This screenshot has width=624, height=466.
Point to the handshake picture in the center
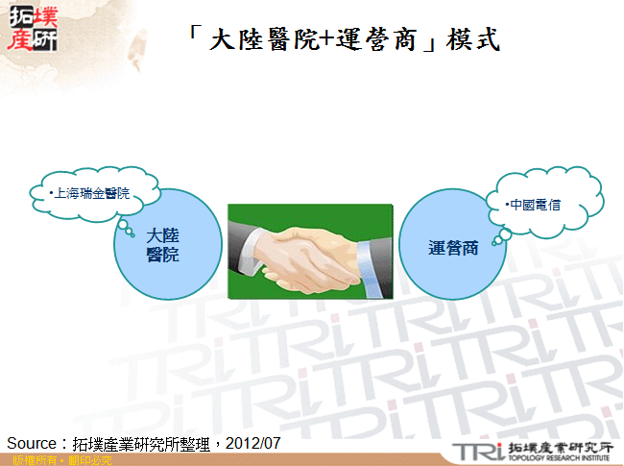pyautogui.click(x=309, y=251)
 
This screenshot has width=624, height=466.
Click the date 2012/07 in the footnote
pyautogui.click(x=256, y=443)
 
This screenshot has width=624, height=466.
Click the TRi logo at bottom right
pyautogui.click(x=478, y=451)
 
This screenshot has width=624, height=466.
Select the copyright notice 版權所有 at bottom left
pyautogui.click(x=29, y=460)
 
